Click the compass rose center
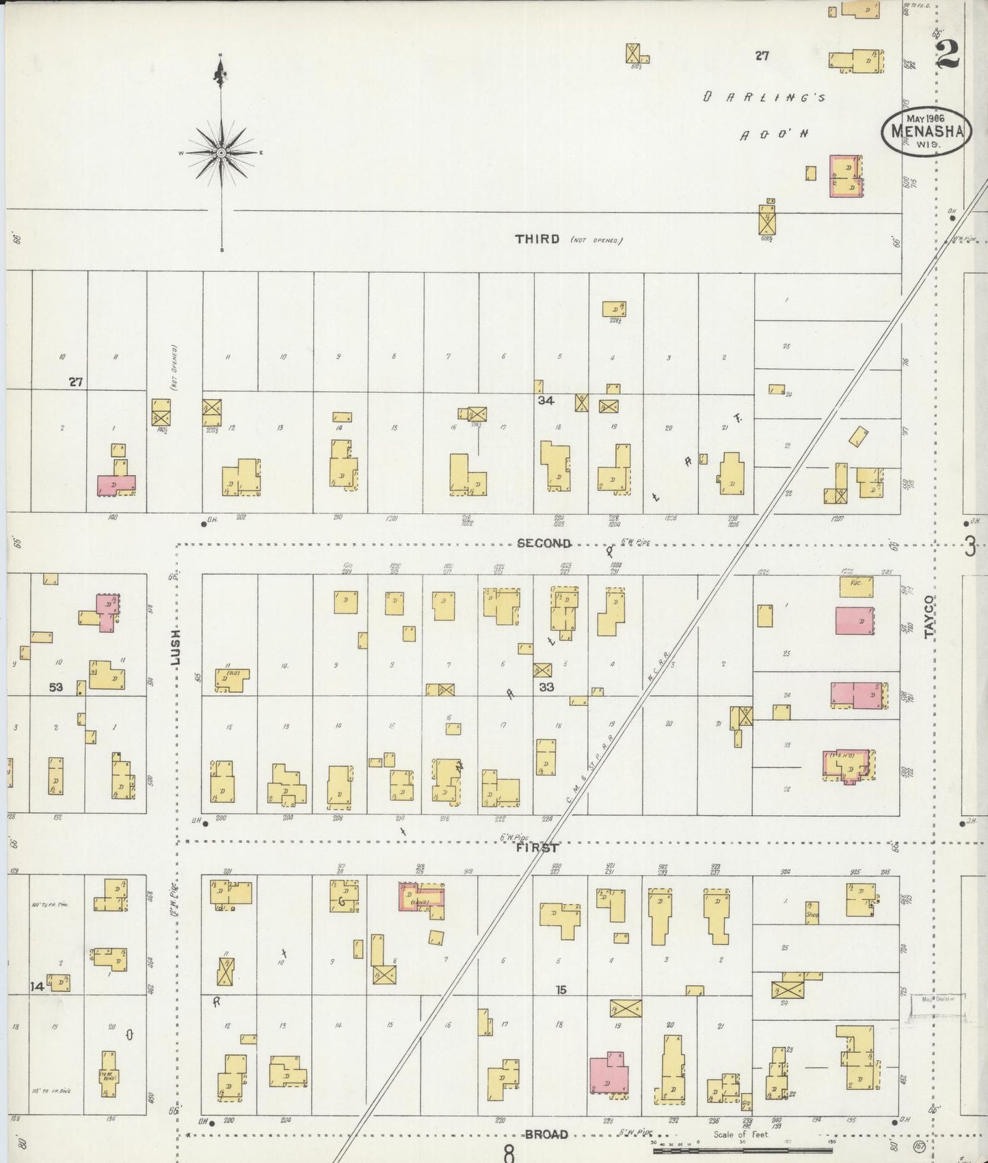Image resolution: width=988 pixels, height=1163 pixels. tap(221, 153)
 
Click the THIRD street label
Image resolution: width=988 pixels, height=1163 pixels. tap(537, 239)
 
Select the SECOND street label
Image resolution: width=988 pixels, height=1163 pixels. tap(544, 543)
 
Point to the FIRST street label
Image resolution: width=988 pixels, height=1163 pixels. tap(537, 848)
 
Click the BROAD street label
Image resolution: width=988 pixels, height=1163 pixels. tap(546, 1134)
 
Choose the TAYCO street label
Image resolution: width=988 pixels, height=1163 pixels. tap(928, 617)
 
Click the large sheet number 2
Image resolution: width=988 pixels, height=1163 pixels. tap(947, 54)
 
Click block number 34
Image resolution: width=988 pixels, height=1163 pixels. tap(545, 401)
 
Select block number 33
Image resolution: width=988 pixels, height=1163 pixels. tap(546, 687)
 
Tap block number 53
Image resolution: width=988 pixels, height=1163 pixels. tap(55, 687)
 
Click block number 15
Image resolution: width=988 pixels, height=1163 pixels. tap(561, 989)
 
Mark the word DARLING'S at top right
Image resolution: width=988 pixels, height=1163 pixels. tap(763, 98)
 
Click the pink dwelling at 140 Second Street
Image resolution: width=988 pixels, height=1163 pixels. tap(115, 484)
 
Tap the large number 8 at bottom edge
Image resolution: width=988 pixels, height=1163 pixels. tap(508, 1153)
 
